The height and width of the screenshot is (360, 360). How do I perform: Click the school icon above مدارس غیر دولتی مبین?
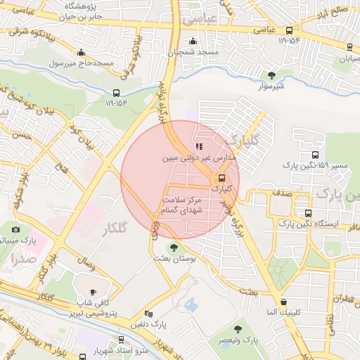[198, 146]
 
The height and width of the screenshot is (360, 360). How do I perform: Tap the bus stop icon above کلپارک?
[221, 178]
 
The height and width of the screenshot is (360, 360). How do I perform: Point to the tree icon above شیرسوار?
[272, 75]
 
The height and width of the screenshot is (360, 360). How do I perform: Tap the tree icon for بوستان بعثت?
[173, 247]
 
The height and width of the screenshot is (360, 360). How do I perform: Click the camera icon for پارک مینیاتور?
[16, 229]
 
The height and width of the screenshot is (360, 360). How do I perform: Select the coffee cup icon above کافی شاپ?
[92, 292]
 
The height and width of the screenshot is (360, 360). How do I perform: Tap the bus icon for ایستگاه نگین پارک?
[308, 213]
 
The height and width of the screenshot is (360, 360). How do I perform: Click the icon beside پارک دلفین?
[148, 314]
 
